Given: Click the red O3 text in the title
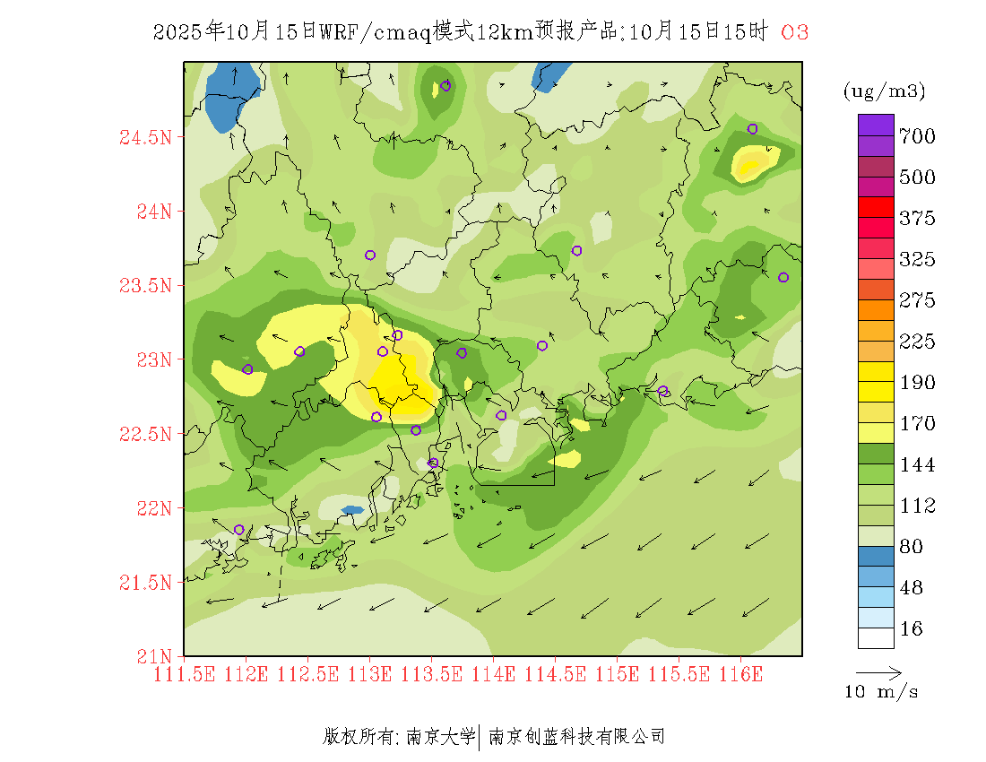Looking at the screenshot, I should pos(794,32).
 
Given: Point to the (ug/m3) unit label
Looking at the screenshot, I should pos(884,91).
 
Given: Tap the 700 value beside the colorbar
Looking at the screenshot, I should pos(917,136).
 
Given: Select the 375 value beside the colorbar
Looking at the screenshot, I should pos(917,219).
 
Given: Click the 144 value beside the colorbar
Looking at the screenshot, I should pos(917,464).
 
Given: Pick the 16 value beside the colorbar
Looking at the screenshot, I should pos(911,629).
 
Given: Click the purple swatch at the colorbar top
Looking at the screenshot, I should pos(876,125).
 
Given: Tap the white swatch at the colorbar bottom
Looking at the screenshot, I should pos(876,637).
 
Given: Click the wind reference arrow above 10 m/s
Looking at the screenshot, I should pos(878,671).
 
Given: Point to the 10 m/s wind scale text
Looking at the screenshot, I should pos(881,692).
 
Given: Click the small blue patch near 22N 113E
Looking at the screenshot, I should pos(352,510).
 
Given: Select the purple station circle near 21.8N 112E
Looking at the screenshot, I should pos(239,530).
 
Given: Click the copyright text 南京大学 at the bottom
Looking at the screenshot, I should pos(440,737).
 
